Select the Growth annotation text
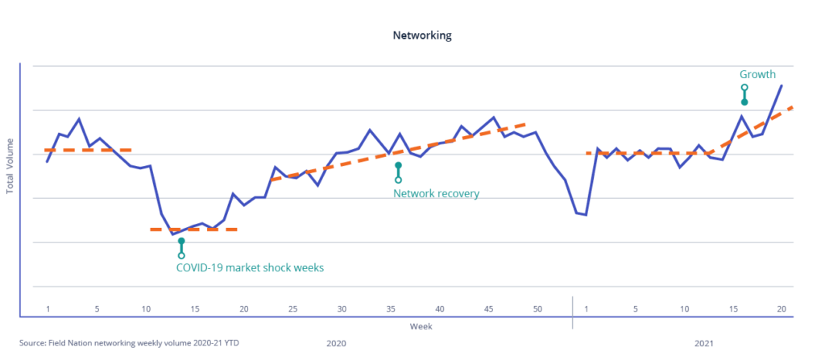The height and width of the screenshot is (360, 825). tap(757, 74)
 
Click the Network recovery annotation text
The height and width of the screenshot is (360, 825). tap(436, 193)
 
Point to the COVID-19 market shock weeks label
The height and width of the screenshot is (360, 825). tap(250, 267)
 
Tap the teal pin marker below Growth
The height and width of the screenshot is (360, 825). tap(744, 95)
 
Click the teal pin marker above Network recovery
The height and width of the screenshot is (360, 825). tap(398, 172)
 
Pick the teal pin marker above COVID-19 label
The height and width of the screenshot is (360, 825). tap(181, 248)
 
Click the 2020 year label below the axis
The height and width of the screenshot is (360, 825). tap(336, 343)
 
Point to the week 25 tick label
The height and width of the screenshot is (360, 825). tap(293, 309)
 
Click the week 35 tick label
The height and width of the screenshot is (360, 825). tap(391, 309)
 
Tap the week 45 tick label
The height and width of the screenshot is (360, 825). tap(489, 309)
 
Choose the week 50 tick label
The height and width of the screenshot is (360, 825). tap(537, 309)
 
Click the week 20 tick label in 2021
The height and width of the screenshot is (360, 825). tap(781, 309)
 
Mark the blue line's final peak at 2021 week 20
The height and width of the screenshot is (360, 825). tap(781, 85)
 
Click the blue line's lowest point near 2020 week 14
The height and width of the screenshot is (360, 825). tap(172, 234)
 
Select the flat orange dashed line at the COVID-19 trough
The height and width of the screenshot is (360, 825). tap(193, 230)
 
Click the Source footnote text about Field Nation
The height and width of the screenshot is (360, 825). tap(130, 343)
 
